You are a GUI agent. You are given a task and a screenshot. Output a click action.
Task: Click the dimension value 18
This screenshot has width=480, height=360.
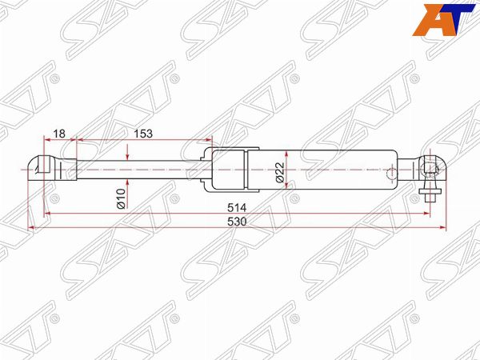click(x=59, y=134)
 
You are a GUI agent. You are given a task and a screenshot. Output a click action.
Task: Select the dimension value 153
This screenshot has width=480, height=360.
click(x=143, y=134)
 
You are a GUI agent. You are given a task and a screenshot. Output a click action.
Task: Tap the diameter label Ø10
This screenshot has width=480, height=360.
click(x=121, y=198)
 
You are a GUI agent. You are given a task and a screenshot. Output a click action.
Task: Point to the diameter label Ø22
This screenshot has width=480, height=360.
click(x=280, y=172)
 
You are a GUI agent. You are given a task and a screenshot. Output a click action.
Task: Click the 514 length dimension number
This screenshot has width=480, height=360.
click(x=237, y=208)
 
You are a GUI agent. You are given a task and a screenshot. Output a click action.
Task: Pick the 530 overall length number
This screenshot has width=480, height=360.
click(x=237, y=222)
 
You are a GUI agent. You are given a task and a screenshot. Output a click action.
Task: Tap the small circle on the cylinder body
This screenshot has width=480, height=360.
click(x=391, y=174)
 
